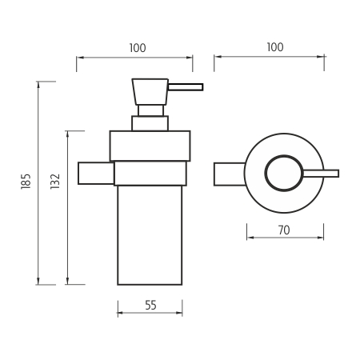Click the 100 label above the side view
(x=137, y=48)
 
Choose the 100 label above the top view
(x=274, y=48)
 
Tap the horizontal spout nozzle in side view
(x=185, y=86)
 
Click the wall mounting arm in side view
(x=95, y=173)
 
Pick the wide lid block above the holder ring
(x=150, y=146)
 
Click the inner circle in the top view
(x=284, y=174)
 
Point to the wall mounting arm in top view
(x=230, y=174)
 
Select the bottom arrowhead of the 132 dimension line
(x=67, y=282)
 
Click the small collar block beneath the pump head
(x=150, y=123)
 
